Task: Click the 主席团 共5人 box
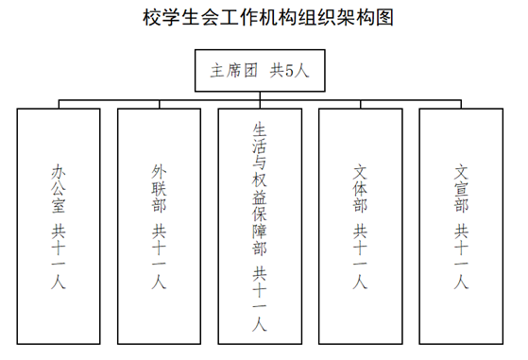point(260,69)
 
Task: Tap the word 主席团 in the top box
point(230,69)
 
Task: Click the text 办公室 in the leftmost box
point(60,190)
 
